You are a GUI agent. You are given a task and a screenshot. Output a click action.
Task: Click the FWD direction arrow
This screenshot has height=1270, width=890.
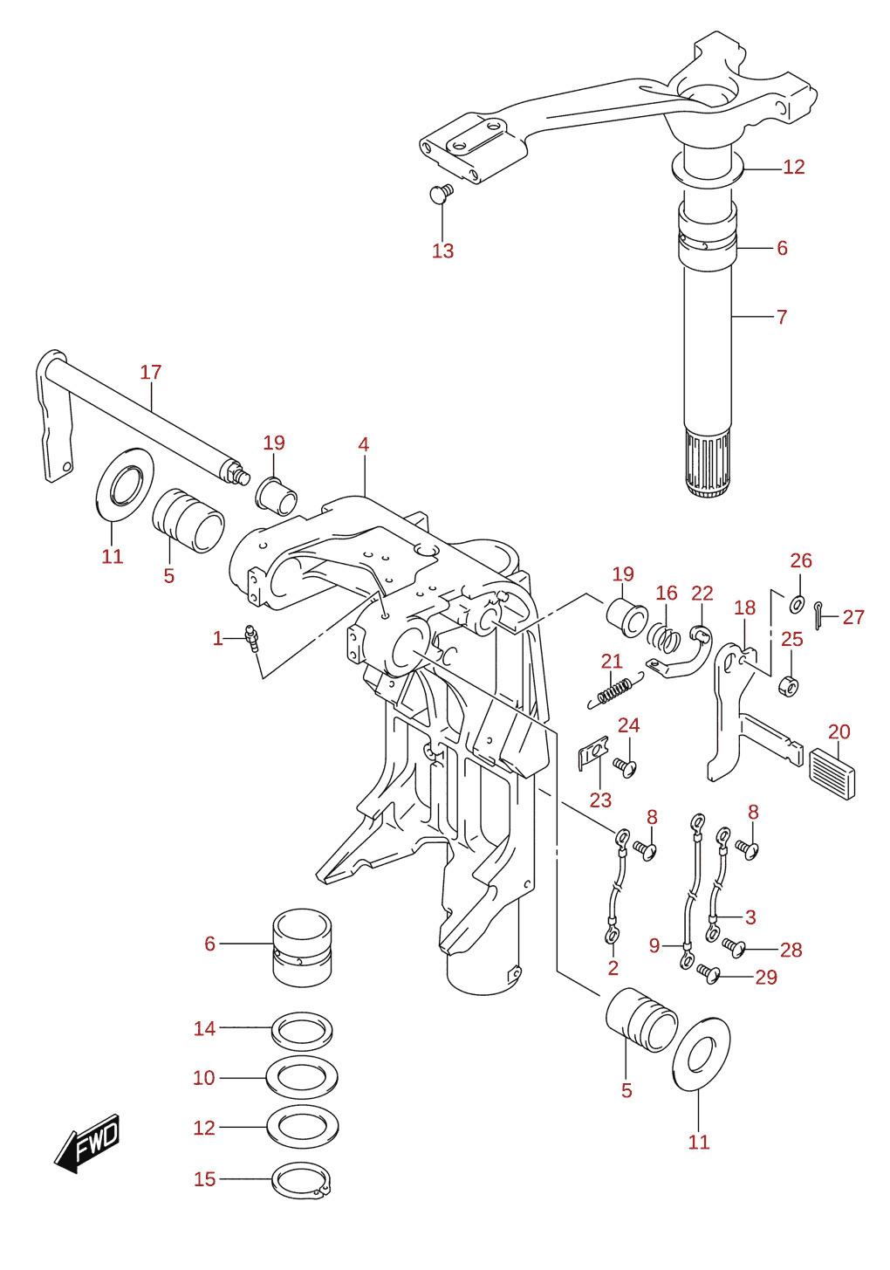click(x=86, y=1143)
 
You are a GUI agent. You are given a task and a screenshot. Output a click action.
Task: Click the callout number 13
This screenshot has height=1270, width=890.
click(x=442, y=251)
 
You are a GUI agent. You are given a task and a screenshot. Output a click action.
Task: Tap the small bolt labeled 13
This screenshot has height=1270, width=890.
click(x=442, y=192)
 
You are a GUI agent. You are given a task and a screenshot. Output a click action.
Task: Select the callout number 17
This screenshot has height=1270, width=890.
click(x=151, y=372)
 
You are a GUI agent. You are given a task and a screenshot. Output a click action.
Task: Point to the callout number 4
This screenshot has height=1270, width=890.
click(x=363, y=444)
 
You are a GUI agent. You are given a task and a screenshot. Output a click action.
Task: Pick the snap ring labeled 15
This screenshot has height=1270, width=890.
click(x=302, y=1180)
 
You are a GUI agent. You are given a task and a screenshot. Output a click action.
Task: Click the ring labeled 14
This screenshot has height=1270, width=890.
click(x=302, y=1030)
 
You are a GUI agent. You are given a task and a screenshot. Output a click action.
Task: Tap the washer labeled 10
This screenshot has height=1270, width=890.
click(x=302, y=1078)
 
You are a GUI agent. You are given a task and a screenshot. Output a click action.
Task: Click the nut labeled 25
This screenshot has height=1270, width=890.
click(x=789, y=687)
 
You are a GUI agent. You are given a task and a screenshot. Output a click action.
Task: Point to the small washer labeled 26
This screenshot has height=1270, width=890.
click(x=797, y=604)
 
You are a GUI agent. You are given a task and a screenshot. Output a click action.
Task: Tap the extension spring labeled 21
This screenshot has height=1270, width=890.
click(x=615, y=690)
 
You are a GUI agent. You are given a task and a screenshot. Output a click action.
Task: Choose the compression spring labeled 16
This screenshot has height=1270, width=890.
click(x=664, y=638)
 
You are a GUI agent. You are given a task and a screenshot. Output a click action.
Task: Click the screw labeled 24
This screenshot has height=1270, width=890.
click(x=625, y=767)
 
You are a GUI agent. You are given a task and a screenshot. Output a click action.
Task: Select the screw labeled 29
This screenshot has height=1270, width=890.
click(x=708, y=973)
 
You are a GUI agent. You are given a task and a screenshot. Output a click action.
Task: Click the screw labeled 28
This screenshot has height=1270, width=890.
click(x=734, y=947)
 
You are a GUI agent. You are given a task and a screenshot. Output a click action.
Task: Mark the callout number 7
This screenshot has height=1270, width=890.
click(x=782, y=317)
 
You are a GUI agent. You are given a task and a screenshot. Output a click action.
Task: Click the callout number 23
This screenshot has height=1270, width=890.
click(x=600, y=800)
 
